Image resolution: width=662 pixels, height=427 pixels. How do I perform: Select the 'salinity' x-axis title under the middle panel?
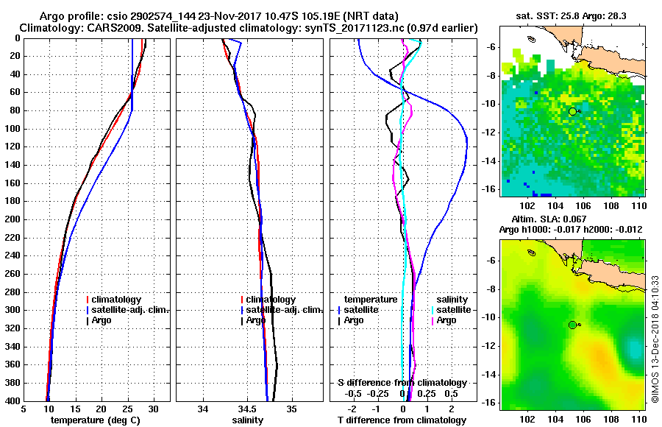249,420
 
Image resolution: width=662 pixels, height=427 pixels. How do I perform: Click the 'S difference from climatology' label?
402,383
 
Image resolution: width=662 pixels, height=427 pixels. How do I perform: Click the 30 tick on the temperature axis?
154,409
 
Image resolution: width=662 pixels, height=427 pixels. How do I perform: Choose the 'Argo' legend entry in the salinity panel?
256,320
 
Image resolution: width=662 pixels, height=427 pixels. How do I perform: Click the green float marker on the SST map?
572,111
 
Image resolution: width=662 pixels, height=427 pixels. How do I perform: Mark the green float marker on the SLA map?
572,325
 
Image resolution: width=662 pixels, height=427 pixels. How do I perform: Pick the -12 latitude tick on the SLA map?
491,346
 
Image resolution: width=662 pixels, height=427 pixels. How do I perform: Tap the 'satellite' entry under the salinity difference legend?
454,310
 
